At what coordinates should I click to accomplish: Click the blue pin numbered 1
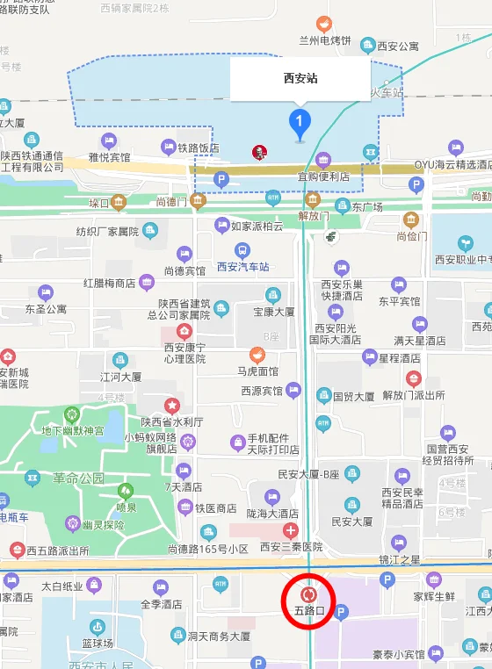pyautogui.click(x=300, y=120)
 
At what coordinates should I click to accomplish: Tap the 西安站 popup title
pyautogui.click(x=300, y=78)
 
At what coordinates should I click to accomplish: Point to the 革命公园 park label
pyautogui.click(x=78, y=478)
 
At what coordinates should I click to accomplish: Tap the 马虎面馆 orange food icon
pyautogui.click(x=257, y=355)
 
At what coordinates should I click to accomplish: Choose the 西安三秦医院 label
pyautogui.click(x=291, y=546)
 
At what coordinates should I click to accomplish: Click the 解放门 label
pyautogui.click(x=314, y=215)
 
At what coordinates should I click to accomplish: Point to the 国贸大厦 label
pyautogui.click(x=354, y=396)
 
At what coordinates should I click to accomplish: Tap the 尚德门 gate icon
pyautogui.click(x=197, y=202)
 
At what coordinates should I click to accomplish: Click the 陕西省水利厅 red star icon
pyautogui.click(x=172, y=406)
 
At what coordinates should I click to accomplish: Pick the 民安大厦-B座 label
pyautogui.click(x=307, y=474)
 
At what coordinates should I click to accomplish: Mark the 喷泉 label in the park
pyautogui.click(x=127, y=507)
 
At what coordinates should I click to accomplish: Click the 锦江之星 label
pyautogui.click(x=400, y=559)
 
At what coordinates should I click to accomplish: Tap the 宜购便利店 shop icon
pyautogui.click(x=323, y=160)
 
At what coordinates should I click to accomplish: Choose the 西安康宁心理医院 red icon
pyautogui.click(x=184, y=331)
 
